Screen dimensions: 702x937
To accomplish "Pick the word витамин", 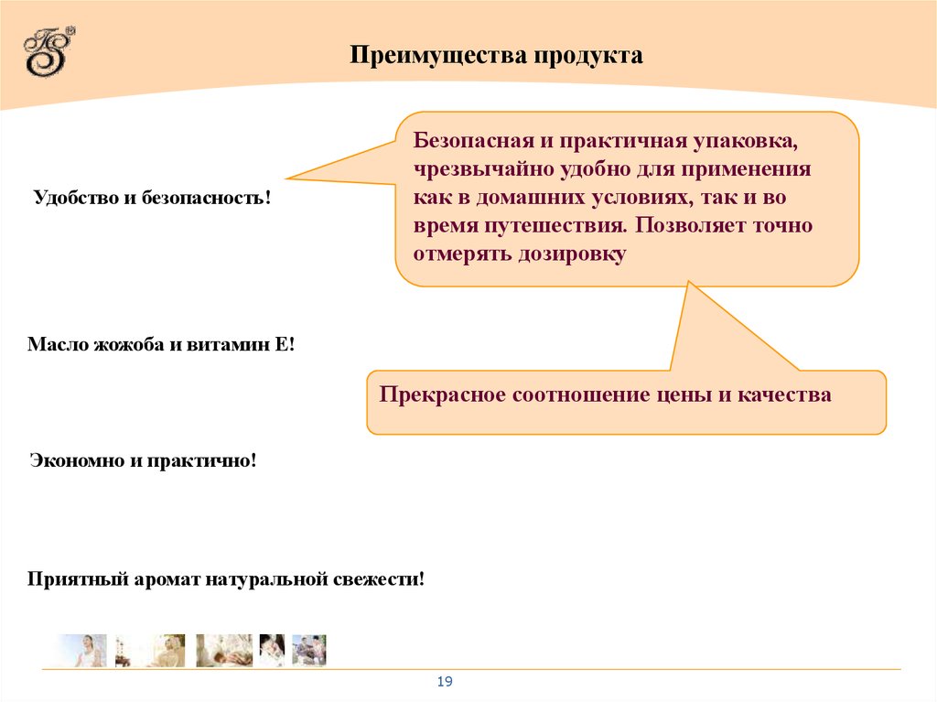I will click(221, 345).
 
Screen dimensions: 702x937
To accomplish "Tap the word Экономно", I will click(77, 460).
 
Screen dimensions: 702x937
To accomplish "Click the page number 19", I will click(445, 682).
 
